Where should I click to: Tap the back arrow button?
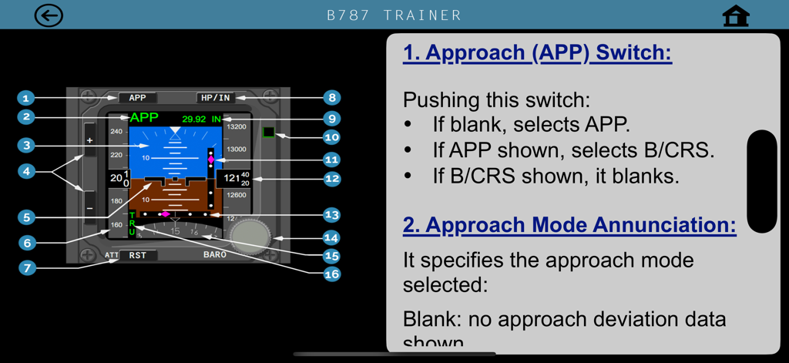(49, 15)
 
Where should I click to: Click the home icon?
(736, 16)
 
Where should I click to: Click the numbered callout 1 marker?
(26, 98)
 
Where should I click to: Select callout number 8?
(331, 98)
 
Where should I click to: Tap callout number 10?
(331, 137)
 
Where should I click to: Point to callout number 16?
(331, 274)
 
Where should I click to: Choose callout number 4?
(26, 170)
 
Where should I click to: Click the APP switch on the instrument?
(137, 98)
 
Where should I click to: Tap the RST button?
(137, 255)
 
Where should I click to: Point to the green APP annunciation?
(144, 118)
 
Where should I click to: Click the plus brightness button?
(90, 141)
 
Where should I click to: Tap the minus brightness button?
(90, 208)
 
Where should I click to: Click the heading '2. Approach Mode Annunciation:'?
(569, 225)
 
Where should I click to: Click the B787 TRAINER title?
(394, 15)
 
